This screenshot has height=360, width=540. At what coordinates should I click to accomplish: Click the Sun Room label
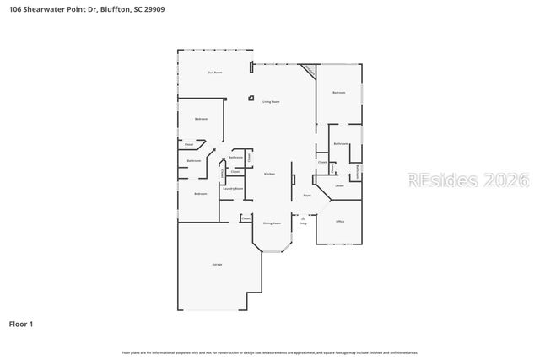215,73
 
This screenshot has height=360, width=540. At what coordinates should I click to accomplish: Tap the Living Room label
270,101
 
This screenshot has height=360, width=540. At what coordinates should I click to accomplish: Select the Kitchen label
269,174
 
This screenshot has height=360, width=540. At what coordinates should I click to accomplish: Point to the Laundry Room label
233,189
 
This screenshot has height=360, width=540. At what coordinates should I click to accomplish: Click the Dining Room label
271,223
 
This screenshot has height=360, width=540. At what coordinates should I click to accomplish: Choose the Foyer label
307,196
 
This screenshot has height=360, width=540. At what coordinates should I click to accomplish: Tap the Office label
340,222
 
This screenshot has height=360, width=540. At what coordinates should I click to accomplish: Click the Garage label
217,265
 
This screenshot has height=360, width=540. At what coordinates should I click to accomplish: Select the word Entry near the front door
303,223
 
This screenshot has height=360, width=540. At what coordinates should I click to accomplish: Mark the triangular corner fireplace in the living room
310,70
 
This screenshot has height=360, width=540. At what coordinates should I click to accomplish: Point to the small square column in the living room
251,98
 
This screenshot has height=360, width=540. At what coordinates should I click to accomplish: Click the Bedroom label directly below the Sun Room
201,119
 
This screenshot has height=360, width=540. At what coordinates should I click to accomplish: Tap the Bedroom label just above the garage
200,195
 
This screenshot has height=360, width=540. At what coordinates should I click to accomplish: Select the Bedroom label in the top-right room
338,92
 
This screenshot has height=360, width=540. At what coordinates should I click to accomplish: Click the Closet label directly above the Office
339,185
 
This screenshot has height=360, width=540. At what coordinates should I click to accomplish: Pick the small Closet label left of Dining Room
246,218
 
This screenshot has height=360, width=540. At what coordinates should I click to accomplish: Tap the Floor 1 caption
20,324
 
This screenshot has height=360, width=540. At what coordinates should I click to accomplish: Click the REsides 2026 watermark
468,180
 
